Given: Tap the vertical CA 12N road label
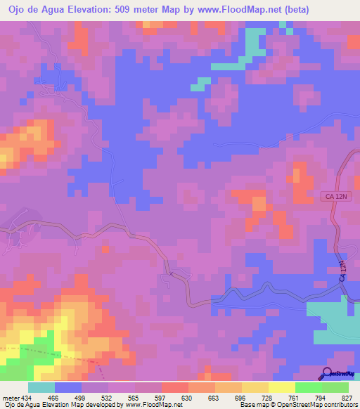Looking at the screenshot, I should click(x=344, y=272).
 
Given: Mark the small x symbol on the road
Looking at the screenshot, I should click(x=171, y=273).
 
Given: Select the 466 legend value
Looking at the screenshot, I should click(x=54, y=397).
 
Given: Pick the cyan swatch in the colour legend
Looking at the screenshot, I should click(x=41, y=387).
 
